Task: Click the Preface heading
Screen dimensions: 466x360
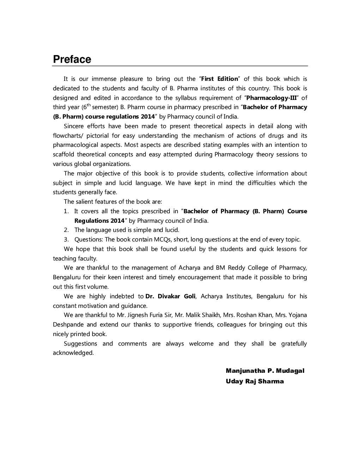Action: (72, 59)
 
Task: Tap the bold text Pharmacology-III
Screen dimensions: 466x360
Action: (271, 98)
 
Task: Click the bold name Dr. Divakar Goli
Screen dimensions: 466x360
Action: (170, 296)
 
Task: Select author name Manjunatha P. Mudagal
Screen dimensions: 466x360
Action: (265, 371)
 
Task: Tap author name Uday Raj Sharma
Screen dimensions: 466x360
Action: (254, 381)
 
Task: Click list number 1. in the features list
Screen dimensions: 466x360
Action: (66, 211)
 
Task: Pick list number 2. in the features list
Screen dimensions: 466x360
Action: (66, 230)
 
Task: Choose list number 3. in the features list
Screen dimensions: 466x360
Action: (66, 240)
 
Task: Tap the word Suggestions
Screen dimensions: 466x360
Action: (80, 343)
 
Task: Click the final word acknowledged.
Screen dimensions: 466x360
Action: (73, 353)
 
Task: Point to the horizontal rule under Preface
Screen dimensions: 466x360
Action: (180, 66)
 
